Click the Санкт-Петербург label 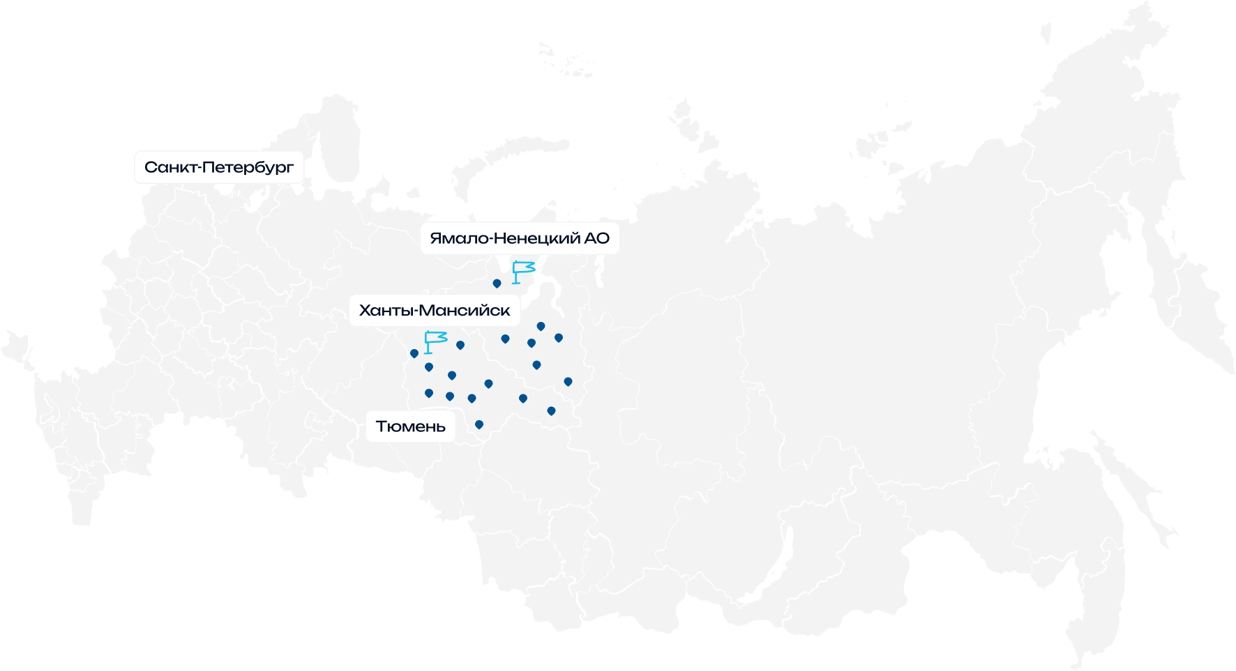click(219, 167)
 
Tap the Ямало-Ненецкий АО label click(520, 238)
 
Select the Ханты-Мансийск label click(435, 311)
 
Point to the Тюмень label click(410, 426)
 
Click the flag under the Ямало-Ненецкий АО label click(522, 271)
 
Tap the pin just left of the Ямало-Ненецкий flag click(497, 284)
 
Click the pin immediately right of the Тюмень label click(479, 424)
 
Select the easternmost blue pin click(568, 382)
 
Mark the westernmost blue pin click(414, 353)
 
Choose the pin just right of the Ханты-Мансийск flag click(460, 345)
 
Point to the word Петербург click(253, 167)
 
